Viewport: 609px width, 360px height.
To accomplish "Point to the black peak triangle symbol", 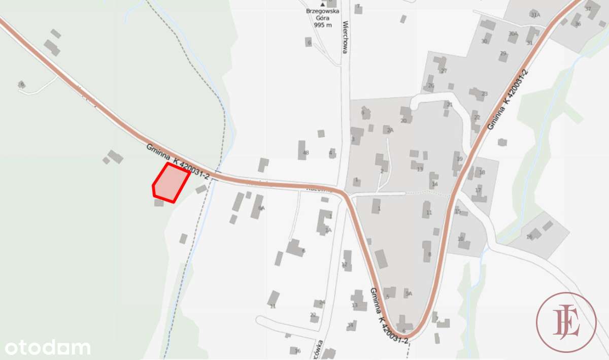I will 323,5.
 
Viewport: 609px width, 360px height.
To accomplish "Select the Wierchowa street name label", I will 345,37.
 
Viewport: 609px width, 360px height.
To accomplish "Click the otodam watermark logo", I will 48,348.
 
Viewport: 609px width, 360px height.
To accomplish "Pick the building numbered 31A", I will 534,14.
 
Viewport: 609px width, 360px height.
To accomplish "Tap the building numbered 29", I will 503,55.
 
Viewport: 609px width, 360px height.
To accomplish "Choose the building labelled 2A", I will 389,129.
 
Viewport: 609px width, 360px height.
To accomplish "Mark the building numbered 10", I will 463,240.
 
